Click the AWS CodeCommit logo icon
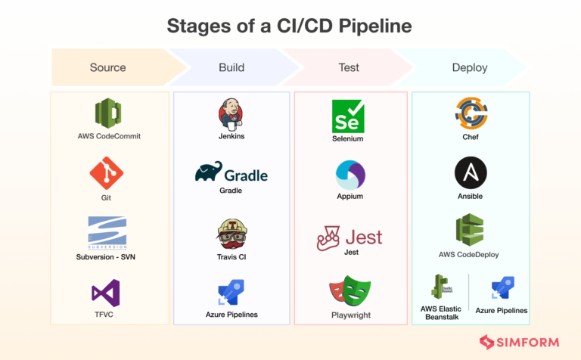[x=109, y=114]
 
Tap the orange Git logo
[x=107, y=173]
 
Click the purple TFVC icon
[x=106, y=293]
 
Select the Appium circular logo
[x=350, y=175]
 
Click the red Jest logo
[x=350, y=237]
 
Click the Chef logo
[x=471, y=113]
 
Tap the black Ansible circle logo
[x=471, y=173]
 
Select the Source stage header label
[x=107, y=67]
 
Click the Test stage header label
[x=348, y=67]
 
